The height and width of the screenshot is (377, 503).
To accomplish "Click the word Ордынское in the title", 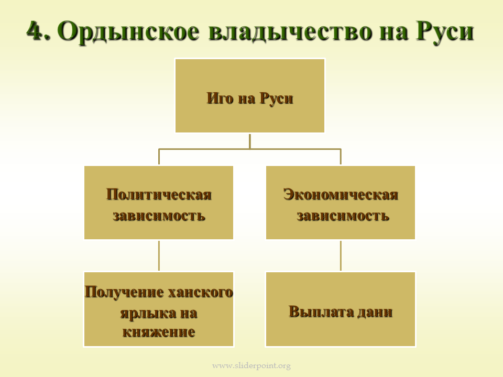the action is pos(129,32).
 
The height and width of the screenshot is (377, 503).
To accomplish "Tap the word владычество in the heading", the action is pos(290,32).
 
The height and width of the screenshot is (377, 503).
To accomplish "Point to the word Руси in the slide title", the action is pos(445,31).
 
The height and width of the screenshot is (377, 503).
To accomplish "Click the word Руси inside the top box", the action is pos(276,98).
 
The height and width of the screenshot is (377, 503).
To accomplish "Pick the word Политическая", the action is pos(159,194).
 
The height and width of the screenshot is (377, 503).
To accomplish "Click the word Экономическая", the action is pos(341,194).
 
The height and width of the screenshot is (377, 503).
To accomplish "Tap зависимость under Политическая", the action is pos(159,215).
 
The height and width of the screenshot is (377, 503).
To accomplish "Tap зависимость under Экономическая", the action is pos(343,215).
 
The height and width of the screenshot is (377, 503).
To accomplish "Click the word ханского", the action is pos(201,292).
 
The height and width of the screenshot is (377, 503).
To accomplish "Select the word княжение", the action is pos(159,332).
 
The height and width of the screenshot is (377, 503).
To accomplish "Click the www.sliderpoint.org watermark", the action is pos(251,365).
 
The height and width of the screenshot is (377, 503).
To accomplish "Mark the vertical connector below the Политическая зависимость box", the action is pos(159,256).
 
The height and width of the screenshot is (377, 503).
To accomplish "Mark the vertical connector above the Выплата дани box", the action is pos(341,256).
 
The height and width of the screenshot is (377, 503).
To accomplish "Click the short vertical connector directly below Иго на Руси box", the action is pos(250,141).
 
